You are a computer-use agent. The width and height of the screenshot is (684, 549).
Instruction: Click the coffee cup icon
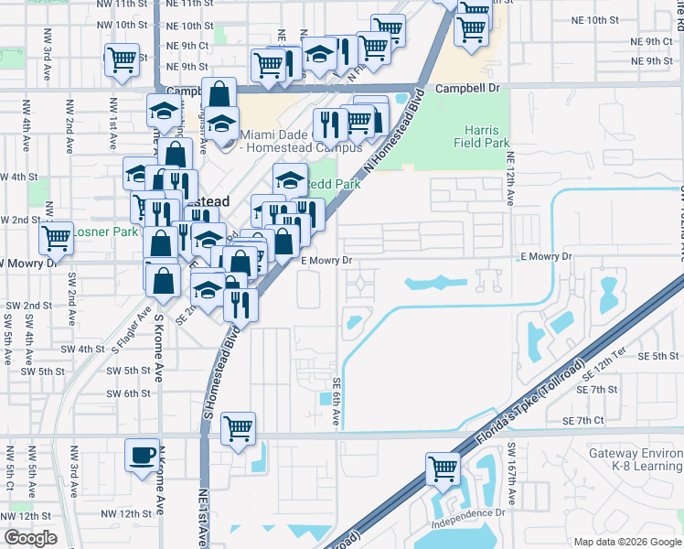point(142,455)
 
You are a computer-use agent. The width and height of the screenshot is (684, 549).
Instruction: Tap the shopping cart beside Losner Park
point(56,239)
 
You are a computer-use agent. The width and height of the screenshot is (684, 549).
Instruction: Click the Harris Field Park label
point(487,137)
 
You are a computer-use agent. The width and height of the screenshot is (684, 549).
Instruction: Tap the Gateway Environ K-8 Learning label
point(636,459)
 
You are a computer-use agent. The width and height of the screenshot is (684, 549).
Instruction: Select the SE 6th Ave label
point(337,403)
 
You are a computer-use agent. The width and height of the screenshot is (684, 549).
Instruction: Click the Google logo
point(30,538)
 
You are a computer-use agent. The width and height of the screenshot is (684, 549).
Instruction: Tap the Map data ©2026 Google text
point(626,542)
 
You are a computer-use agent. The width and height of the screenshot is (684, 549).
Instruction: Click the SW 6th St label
point(128,393)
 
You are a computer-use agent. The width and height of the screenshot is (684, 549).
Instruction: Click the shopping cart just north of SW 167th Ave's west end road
point(238,427)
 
